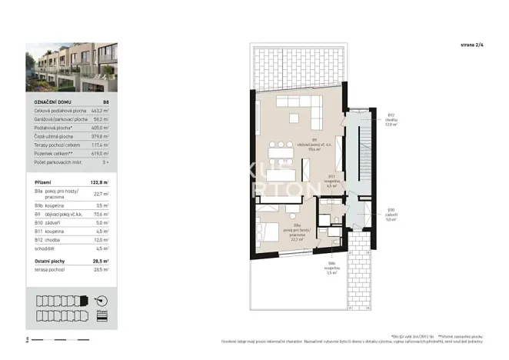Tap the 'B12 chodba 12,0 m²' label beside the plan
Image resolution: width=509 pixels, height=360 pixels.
pos(391,120)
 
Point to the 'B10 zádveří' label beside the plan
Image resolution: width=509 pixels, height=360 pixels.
pos(391,215)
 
